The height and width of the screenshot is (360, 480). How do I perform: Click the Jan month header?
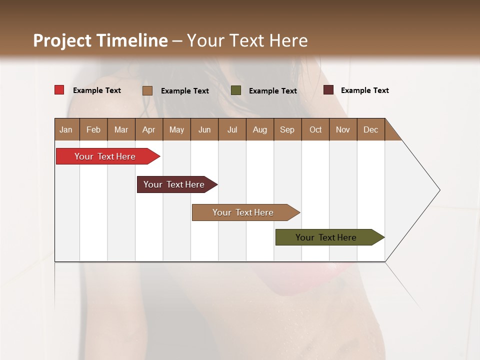coord(66,129)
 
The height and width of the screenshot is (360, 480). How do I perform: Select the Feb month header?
coord(93,129)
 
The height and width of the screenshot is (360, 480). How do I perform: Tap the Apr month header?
coord(148,129)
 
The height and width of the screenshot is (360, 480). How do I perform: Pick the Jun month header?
coord(204,129)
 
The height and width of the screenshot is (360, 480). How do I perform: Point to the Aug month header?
coord(259,129)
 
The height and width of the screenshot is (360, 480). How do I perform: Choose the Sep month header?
coord(287,129)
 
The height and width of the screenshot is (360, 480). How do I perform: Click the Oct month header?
coord(315,129)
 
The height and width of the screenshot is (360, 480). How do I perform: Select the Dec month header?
coord(370,129)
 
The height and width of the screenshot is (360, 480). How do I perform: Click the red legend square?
coord(59,90)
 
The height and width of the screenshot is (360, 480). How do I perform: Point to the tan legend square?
coord(147,90)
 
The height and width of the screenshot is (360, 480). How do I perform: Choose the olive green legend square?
coord(236,90)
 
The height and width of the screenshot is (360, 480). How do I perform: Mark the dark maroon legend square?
coord(328,90)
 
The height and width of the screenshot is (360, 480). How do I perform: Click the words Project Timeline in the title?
coord(100,40)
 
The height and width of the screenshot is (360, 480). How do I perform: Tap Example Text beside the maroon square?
coord(364,90)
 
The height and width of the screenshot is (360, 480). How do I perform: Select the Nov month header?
coord(342,129)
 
